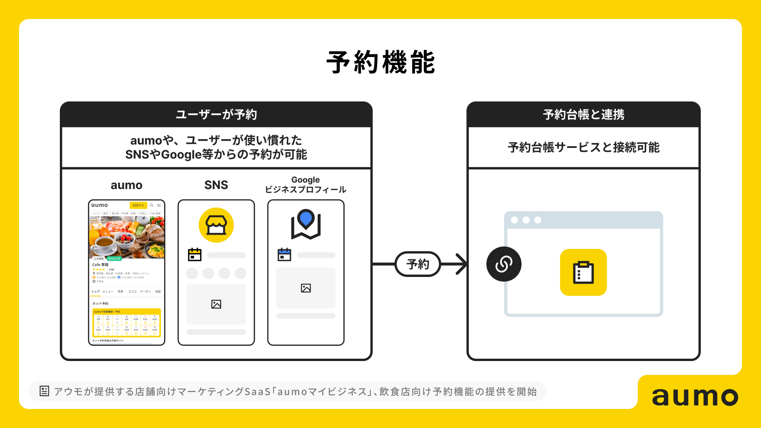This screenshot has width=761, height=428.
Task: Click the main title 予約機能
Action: [x=380, y=62]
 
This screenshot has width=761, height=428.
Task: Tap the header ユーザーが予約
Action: [x=216, y=115]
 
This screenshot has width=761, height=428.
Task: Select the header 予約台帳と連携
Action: [x=583, y=115]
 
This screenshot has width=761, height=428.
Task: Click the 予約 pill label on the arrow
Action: [x=418, y=264]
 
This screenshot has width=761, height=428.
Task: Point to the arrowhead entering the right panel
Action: [x=462, y=264]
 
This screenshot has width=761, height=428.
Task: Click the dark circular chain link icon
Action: [x=504, y=264]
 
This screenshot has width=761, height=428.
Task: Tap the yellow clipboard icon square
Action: [x=583, y=272]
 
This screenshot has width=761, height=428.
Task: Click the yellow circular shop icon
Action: [x=216, y=225]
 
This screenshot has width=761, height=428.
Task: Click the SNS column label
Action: [x=216, y=185]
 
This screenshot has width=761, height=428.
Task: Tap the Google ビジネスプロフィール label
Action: [x=306, y=185]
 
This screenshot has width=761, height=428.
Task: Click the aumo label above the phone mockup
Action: [x=126, y=185]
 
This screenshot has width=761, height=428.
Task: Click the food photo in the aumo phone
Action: [x=126, y=237]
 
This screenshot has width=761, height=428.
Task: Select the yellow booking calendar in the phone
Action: [x=126, y=323]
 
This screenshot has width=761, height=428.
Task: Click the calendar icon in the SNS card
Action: [x=195, y=254]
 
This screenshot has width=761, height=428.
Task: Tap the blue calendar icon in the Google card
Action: [x=284, y=254]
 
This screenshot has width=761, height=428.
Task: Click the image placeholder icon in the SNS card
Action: [x=216, y=304]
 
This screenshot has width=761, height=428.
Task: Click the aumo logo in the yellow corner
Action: [x=695, y=396]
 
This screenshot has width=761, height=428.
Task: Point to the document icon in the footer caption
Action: [x=44, y=391]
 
